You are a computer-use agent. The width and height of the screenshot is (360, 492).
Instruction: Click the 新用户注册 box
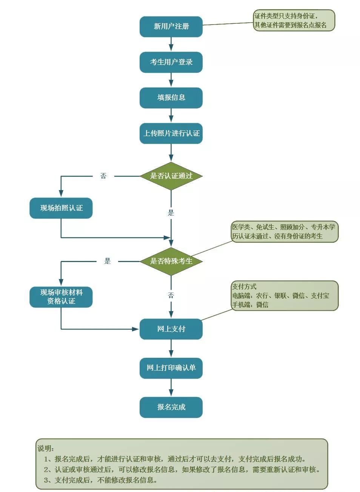[x=171, y=26]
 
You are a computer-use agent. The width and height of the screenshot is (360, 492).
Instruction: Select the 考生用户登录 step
[x=171, y=62]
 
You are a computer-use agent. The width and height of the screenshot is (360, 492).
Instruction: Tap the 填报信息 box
[x=171, y=98]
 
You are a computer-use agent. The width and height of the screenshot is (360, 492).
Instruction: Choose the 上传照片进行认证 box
[x=171, y=133]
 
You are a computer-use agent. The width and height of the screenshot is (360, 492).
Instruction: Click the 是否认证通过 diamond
[x=171, y=176]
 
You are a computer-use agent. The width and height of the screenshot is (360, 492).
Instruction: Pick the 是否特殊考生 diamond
[x=171, y=261]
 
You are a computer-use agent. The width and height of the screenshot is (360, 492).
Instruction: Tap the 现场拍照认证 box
[x=61, y=208]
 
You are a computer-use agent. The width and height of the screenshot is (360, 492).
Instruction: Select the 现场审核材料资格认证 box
[x=61, y=297]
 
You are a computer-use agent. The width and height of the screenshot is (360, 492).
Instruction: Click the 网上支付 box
[x=171, y=329]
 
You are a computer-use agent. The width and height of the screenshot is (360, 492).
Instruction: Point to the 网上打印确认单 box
[x=171, y=368]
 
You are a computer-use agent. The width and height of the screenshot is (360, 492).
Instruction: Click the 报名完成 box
[x=171, y=407]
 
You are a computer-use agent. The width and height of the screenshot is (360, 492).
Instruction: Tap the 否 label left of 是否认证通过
[x=103, y=176]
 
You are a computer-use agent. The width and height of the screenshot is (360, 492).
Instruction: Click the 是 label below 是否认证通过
[x=171, y=213]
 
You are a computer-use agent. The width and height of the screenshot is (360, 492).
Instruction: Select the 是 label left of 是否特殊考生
[x=108, y=261]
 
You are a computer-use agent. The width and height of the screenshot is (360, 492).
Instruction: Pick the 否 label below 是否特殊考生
[x=171, y=295]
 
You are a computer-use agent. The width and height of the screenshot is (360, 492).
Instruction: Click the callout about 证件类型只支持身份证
[x=294, y=20]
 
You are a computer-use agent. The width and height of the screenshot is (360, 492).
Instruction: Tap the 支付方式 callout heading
[x=244, y=287]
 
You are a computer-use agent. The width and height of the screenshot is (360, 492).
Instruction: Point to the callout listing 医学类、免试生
[x=284, y=231]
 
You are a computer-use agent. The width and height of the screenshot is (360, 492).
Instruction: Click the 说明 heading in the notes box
[x=46, y=448]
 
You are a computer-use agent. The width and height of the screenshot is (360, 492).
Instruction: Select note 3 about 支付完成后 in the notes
[x=100, y=480]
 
